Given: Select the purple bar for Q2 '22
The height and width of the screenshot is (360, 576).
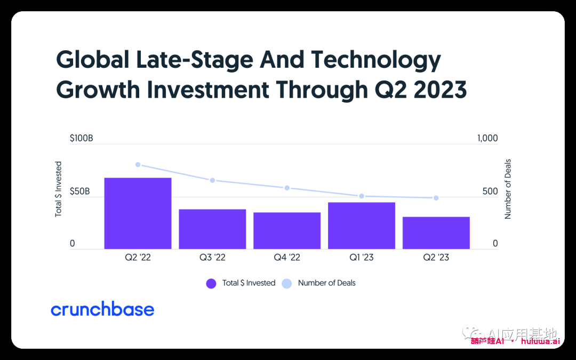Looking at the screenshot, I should point(138,213).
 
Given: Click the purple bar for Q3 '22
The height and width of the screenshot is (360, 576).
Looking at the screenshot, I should point(212,229).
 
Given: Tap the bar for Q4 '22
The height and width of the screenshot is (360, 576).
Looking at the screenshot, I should point(287,230).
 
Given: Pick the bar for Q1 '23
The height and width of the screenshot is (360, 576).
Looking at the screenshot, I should point(362,225).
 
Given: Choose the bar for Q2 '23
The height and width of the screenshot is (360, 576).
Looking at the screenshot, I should point(436,233).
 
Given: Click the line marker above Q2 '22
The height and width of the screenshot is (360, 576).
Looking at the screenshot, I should point(138,165).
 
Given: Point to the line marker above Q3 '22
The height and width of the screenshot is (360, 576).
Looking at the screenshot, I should point(212,180).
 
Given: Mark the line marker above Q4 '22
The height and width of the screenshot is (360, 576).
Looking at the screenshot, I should point(287,188).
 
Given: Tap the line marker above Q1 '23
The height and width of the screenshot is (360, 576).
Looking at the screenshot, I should point(362,196).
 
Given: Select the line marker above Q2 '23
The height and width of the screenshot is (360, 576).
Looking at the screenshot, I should point(436,198).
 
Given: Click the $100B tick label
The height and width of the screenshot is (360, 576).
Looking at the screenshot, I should point(82,138).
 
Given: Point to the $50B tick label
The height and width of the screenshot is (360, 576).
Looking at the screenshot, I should point(79,191).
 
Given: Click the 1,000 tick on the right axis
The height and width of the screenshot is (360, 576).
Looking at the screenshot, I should point(487,138).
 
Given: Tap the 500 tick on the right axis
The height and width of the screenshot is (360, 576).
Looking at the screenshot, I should point(490,191).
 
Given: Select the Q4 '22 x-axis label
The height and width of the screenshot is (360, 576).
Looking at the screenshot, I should point(287,258).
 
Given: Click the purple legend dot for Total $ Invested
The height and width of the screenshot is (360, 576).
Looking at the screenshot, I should point(211,283).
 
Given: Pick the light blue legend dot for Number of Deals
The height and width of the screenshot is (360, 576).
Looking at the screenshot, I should point(287,283).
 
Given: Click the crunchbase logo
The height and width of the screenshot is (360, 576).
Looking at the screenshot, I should point(102,309).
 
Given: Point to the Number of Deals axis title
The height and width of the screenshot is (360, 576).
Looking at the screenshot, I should point(508,189).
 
